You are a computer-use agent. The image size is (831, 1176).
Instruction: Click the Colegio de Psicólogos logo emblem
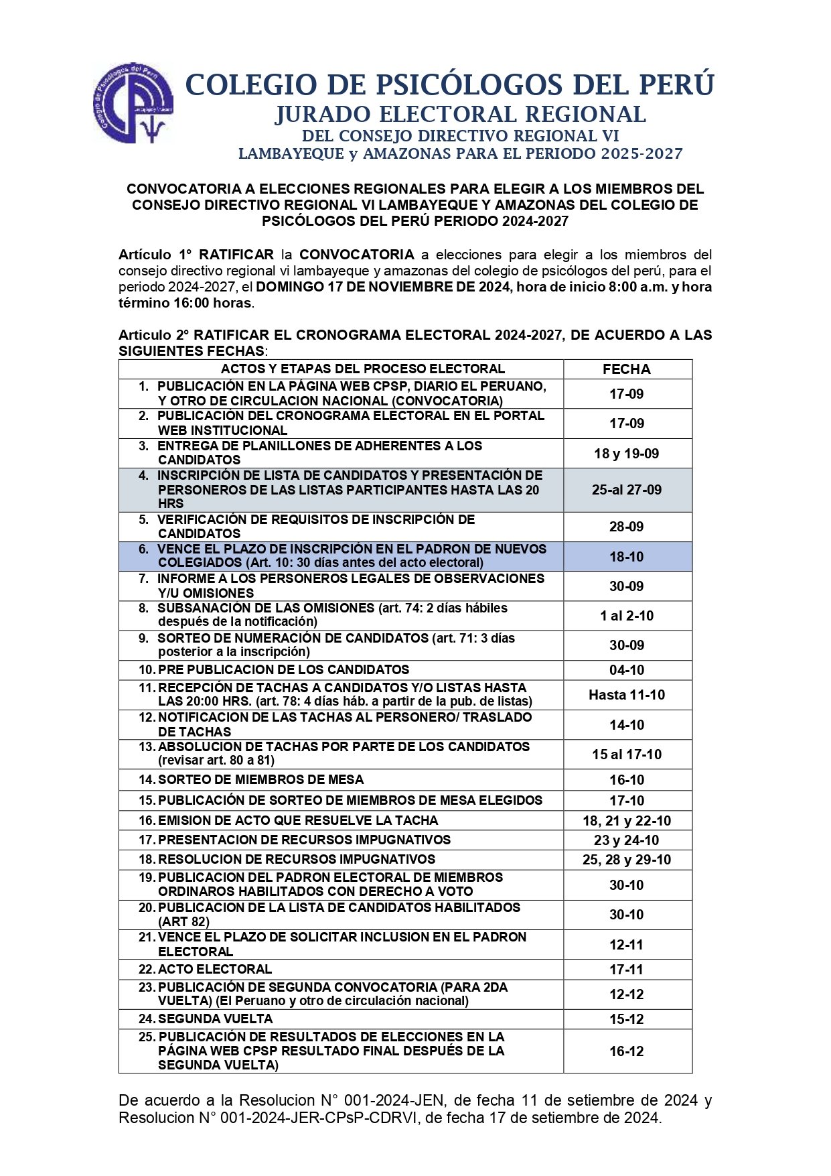133,103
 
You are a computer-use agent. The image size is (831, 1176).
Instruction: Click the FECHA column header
626,369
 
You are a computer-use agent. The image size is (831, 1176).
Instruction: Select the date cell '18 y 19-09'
626,454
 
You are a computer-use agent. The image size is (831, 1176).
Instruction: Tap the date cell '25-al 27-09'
626,490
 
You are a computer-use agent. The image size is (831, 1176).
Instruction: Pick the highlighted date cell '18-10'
626,557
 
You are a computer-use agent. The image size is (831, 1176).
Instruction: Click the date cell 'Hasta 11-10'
626,695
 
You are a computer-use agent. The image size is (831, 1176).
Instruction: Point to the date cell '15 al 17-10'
626,755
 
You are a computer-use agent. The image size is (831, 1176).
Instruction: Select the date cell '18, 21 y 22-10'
626,821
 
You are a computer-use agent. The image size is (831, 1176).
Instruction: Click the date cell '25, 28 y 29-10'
626,860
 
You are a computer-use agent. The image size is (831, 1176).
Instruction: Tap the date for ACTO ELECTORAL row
626,970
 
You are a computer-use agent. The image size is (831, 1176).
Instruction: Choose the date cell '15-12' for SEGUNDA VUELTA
626,1019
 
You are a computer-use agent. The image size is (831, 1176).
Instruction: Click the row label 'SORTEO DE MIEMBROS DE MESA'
260,780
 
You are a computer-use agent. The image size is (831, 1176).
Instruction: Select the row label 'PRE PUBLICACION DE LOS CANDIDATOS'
283,670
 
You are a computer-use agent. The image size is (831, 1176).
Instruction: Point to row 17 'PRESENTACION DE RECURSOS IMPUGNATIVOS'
304,840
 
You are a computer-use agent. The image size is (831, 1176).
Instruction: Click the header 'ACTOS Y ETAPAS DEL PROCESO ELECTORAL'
362,369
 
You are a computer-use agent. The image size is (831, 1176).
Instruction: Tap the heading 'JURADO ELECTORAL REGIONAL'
460,115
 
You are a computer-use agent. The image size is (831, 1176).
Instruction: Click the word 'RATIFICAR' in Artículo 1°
236,255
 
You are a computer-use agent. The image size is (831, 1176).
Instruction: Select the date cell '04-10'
626,670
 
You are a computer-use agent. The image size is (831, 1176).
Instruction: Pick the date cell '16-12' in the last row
626,1051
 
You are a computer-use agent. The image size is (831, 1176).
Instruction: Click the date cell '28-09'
626,527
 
